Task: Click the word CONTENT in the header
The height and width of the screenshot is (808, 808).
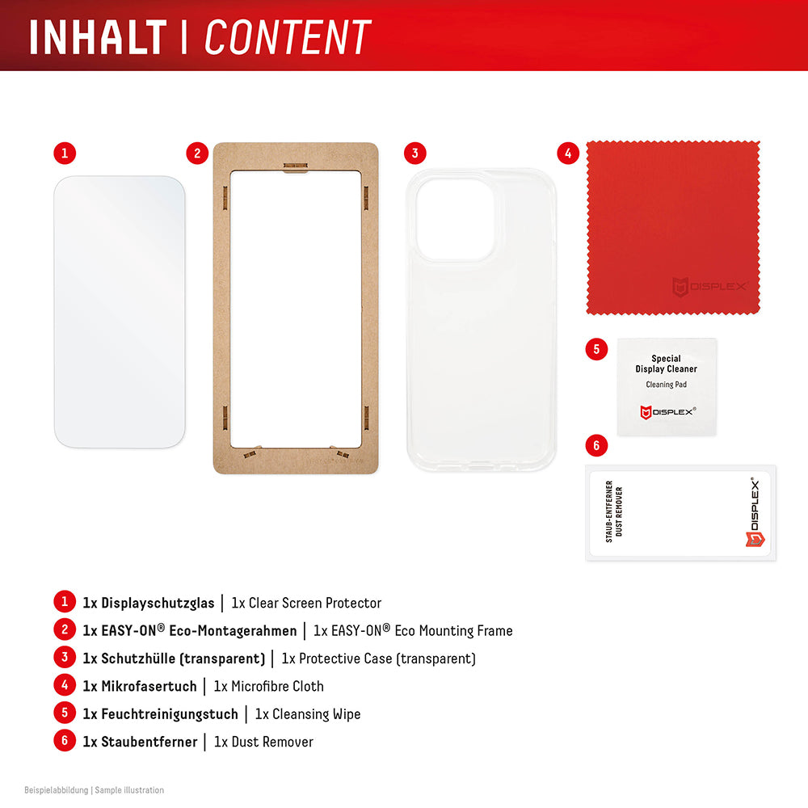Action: (x=288, y=37)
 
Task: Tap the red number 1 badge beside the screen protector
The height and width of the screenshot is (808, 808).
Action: (x=65, y=153)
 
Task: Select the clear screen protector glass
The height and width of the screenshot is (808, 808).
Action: (x=120, y=311)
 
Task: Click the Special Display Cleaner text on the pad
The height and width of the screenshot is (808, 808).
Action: (x=667, y=364)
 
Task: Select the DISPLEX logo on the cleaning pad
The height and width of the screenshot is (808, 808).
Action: (x=667, y=412)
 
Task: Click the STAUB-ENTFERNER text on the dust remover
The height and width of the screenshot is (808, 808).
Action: (x=610, y=511)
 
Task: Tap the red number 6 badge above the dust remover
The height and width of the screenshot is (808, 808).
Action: (x=596, y=445)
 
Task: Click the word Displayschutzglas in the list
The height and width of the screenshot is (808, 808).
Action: (x=158, y=603)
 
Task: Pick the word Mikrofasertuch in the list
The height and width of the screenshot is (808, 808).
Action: (x=149, y=686)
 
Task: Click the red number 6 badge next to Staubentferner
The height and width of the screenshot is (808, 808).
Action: (x=65, y=741)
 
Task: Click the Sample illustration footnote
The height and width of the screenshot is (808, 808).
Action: (x=129, y=790)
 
